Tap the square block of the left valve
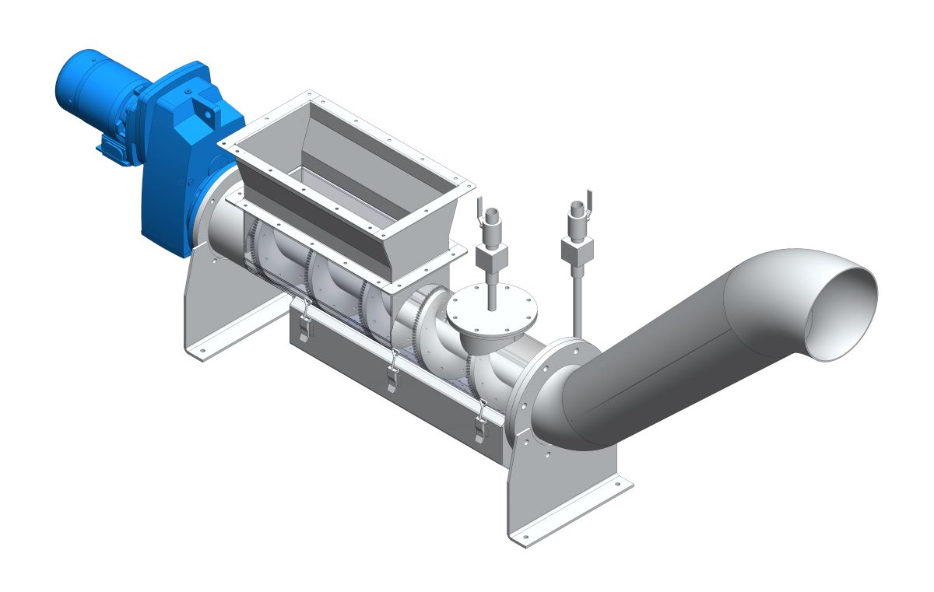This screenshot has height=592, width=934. point(492,255)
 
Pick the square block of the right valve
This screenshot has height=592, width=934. point(577,249)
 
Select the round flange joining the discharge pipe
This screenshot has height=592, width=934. point(545,389)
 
